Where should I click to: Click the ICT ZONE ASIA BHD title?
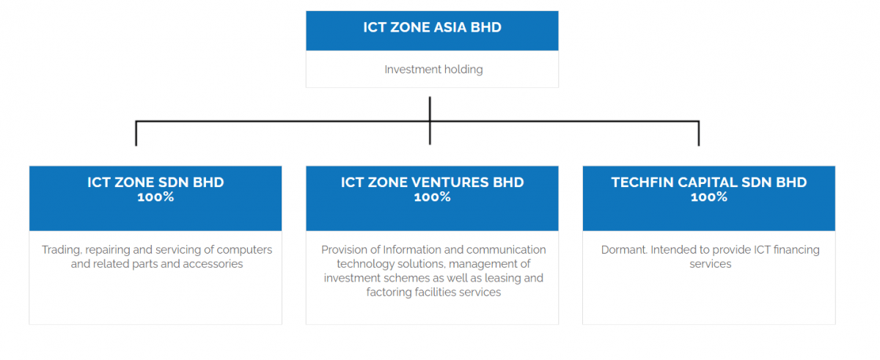(432, 27)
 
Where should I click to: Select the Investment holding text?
(433, 70)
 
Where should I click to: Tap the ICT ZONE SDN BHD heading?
(155, 182)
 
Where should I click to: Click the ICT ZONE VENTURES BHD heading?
(432, 182)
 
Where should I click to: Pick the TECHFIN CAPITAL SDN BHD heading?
(708, 182)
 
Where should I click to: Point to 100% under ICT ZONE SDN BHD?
(155, 196)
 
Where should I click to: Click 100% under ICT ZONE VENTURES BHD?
(432, 196)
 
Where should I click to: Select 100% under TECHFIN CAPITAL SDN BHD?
(708, 196)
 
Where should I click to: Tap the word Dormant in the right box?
(624, 250)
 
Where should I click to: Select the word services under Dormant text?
(711, 264)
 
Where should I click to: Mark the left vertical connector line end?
(136, 146)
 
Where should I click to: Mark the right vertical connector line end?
(698, 146)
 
